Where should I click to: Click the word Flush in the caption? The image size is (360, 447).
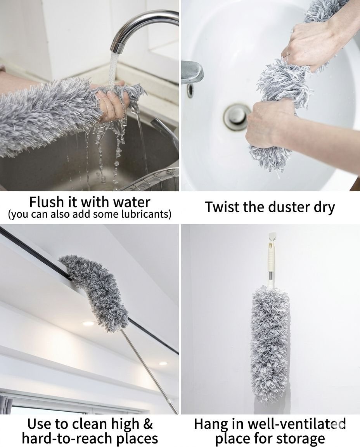click(x=46, y=202)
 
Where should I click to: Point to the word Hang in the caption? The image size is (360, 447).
click(x=211, y=425)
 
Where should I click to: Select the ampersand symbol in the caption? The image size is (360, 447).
click(x=148, y=424)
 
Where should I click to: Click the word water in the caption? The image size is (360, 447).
click(x=132, y=202)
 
